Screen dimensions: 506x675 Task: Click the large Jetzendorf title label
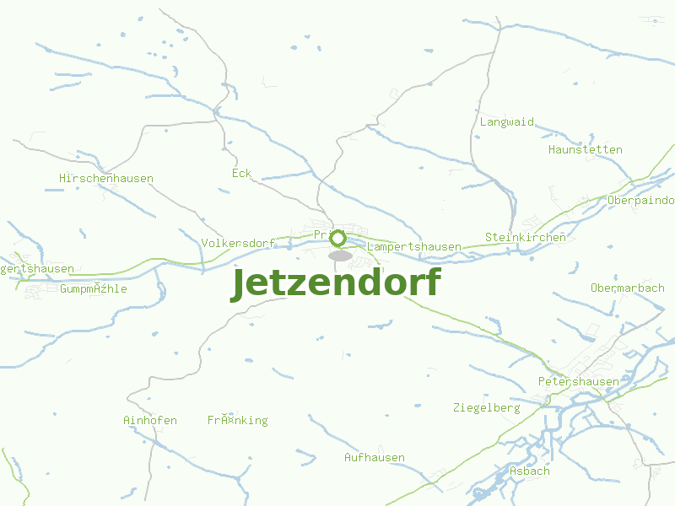point(336,283)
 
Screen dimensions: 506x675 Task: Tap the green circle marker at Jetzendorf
point(337,238)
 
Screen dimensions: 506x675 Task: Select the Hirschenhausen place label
point(106,178)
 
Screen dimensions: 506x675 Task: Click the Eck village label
point(242,173)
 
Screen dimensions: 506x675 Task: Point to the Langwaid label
point(507,121)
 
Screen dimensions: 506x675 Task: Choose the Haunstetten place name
point(586,149)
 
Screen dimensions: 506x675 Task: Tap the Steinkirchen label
point(526,237)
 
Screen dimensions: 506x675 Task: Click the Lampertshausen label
point(414,246)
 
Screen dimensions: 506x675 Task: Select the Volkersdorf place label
point(239,243)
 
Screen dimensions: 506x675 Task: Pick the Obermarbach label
point(628,288)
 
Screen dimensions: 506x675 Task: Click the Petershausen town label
point(579,381)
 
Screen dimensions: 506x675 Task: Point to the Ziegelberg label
point(487,407)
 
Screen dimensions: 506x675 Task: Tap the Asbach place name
point(530,471)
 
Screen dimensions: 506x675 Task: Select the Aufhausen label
point(375,457)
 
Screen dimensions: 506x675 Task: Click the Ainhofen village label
point(150,420)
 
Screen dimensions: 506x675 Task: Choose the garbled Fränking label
point(238,420)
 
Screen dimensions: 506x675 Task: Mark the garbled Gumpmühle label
point(94,288)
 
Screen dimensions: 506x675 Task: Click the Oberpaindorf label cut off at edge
point(641,200)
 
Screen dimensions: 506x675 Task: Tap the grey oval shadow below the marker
point(340,255)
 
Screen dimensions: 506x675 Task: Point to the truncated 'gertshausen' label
point(37,268)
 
